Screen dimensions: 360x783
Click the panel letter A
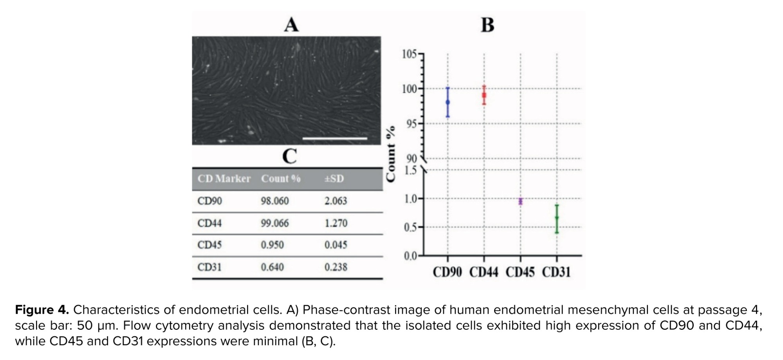pos(291,25)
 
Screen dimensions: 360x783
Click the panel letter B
pos(487,25)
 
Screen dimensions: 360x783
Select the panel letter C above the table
pos(289,156)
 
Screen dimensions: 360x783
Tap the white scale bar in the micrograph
pos(335,138)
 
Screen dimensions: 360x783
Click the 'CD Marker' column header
pos(224,179)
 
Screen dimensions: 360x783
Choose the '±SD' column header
pos(334,179)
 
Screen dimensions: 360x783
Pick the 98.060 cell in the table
pos(275,201)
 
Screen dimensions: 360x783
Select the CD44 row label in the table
pos(209,223)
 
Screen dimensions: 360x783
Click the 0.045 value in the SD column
pos(336,245)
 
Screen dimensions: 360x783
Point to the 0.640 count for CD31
pos(272,267)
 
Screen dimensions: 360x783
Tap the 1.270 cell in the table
pos(336,223)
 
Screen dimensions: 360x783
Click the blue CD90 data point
pos(448,102)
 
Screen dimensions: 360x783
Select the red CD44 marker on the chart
pos(484,95)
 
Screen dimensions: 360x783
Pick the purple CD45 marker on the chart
pos(520,201)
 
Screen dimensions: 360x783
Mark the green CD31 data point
pos(557,218)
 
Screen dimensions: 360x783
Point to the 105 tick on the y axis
pos(409,54)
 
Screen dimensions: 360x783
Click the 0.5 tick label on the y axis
pos(410,227)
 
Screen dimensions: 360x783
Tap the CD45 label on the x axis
pos(520,272)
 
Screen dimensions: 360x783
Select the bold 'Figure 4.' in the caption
pos(42,310)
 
